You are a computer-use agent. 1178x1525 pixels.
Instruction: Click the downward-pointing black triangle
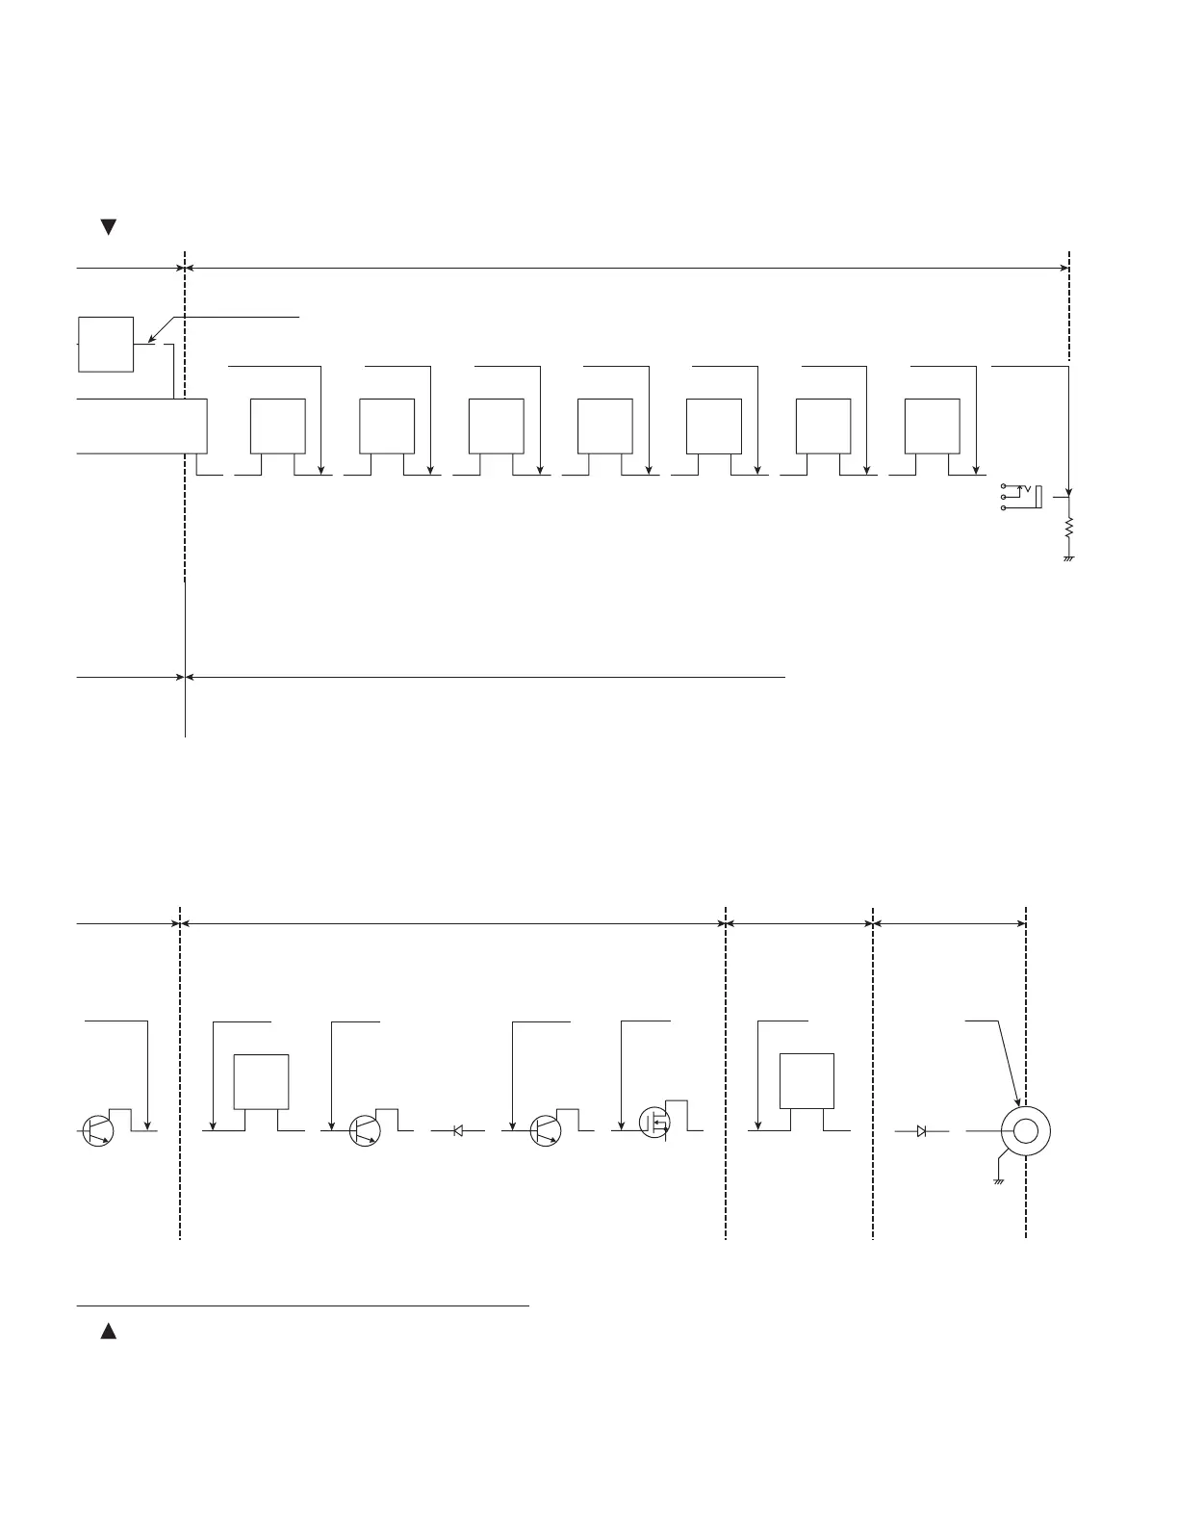click(109, 227)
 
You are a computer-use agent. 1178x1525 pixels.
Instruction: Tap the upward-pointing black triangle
click(109, 1331)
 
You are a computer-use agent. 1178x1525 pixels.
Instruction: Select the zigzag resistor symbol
click(1068, 529)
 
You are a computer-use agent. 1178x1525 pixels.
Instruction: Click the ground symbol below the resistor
click(1068, 558)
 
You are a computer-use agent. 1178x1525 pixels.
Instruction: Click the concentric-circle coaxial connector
click(1025, 1131)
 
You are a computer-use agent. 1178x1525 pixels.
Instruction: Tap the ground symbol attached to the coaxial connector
click(999, 1179)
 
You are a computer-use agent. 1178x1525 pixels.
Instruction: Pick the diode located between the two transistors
click(458, 1131)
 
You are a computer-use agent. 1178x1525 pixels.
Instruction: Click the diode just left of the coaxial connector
click(921, 1131)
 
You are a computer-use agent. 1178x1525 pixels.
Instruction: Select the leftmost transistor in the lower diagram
click(96, 1130)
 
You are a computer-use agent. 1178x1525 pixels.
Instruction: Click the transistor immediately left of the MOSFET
click(546, 1130)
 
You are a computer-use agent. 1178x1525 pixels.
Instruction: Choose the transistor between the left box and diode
click(365, 1130)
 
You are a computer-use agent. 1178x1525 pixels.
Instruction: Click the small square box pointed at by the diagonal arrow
click(105, 343)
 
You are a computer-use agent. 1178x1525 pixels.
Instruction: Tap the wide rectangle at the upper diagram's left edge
click(141, 425)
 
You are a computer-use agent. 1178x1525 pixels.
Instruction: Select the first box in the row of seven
click(277, 425)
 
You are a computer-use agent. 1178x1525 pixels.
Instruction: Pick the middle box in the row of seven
click(604, 425)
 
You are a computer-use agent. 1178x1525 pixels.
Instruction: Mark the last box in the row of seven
click(932, 425)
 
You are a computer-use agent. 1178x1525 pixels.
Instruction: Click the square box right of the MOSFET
click(806, 1081)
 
